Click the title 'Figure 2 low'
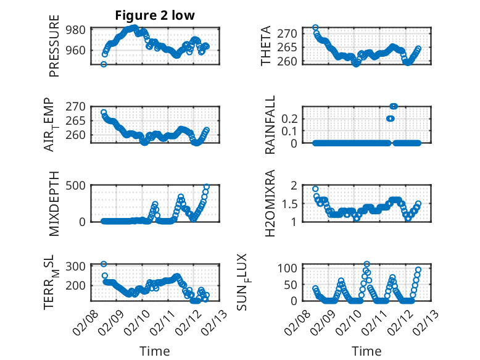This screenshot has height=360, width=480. click(x=155, y=16)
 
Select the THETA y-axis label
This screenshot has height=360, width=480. click(x=266, y=46)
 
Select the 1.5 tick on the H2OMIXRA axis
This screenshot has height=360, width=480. click(x=291, y=203)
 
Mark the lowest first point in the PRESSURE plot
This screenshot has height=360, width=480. click(x=104, y=64)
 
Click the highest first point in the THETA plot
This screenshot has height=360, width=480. click(x=315, y=28)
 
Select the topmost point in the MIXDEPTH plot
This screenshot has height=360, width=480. click(x=206, y=186)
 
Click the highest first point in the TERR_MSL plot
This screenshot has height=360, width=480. click(x=104, y=264)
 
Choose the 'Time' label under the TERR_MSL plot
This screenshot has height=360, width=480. click(x=155, y=351)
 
